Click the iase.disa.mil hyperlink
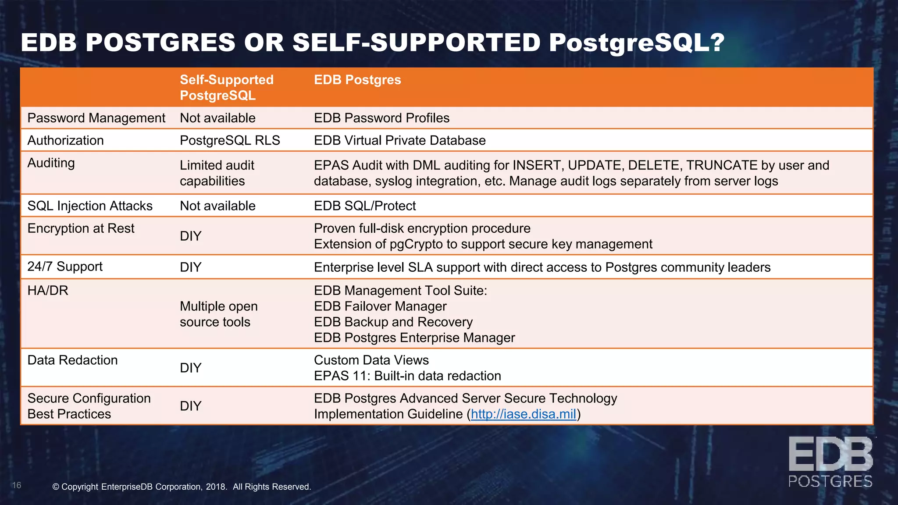[523, 414]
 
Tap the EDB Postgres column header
[357, 80]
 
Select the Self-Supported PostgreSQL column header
[226, 88]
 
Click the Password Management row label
[96, 118]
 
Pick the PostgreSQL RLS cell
[230, 140]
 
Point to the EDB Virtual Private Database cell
[399, 140]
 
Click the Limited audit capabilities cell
[217, 173]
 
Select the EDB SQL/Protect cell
[365, 206]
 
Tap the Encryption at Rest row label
[81, 228]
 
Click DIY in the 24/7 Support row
[190, 267]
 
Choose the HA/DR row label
[48, 291]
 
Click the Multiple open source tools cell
[218, 314]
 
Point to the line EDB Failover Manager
[380, 306]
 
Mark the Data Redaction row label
[72, 360]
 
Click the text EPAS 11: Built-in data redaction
[407, 376]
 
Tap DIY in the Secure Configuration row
[190, 406]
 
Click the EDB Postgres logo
[830, 462]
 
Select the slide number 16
[17, 485]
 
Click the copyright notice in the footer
[182, 487]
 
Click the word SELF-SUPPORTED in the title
[417, 43]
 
